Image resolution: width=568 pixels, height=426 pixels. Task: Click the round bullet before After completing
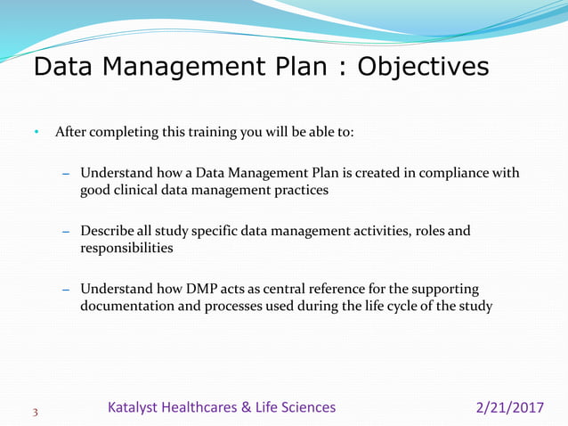tap(37, 134)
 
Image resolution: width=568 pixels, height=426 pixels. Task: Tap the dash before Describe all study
tap(66, 232)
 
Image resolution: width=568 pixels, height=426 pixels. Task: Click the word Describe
tap(109, 232)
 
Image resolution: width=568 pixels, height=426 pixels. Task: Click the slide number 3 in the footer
tap(36, 412)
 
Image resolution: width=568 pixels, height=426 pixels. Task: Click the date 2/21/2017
tap(510, 407)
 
